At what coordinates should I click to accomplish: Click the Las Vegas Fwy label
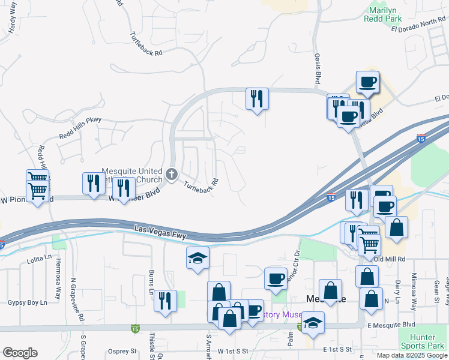click(157, 229)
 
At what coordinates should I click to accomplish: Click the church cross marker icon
click(172, 175)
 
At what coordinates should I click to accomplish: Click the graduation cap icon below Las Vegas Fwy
click(198, 258)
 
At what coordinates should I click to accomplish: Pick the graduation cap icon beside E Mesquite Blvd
click(313, 323)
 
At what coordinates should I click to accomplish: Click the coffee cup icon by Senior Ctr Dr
click(276, 278)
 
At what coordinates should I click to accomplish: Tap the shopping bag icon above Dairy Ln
click(396, 227)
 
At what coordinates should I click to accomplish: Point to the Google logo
click(20, 353)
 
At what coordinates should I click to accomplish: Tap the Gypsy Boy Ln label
click(27, 302)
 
